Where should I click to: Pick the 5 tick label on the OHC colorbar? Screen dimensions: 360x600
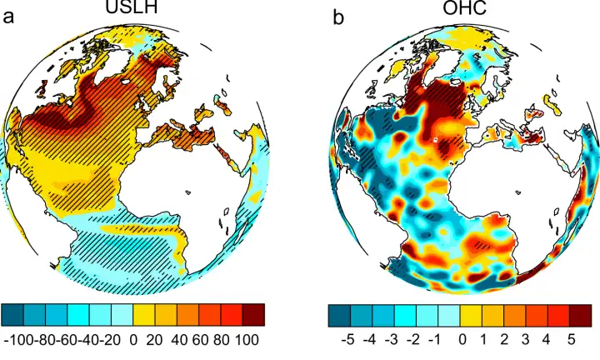[571, 340]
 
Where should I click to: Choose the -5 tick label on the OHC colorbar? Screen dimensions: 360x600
[348, 340]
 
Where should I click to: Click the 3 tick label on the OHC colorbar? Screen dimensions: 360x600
[527, 340]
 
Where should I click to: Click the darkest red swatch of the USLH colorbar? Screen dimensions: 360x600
[254, 314]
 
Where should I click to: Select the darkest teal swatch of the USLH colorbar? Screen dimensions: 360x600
[12, 314]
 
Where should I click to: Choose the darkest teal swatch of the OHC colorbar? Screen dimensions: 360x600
[339, 314]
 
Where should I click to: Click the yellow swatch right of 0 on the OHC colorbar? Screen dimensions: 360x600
[471, 314]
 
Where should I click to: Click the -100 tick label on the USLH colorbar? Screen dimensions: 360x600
[19, 340]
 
